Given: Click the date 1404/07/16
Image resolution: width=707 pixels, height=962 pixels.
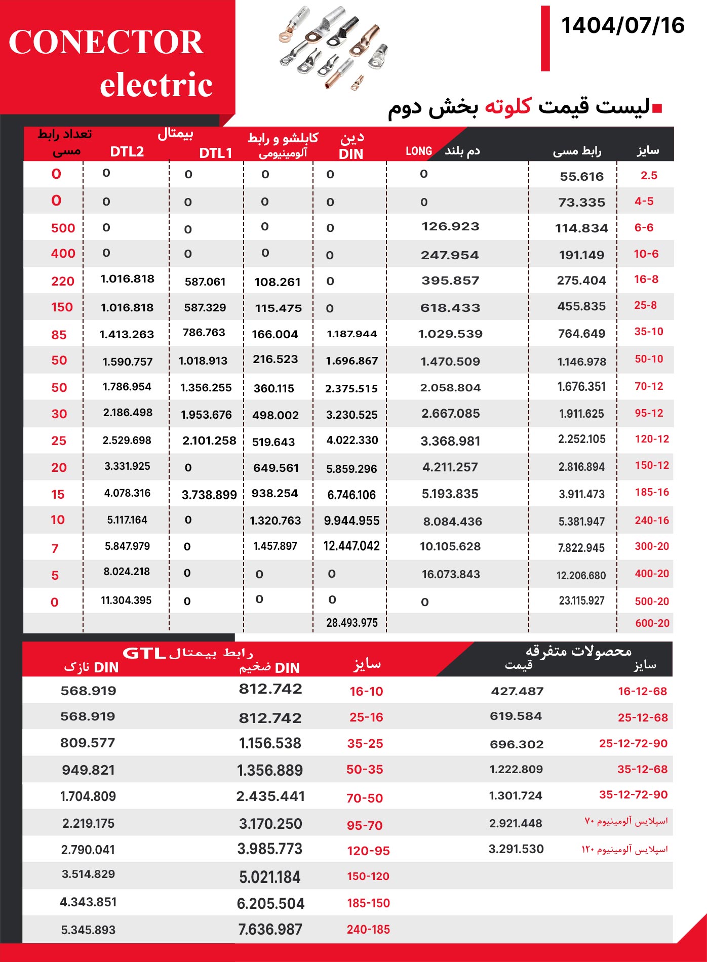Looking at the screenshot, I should pyautogui.click(x=622, y=26).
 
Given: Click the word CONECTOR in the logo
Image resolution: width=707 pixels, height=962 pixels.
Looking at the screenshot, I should pyautogui.click(x=106, y=42).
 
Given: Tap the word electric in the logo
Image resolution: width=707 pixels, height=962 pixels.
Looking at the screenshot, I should pyautogui.click(x=156, y=85).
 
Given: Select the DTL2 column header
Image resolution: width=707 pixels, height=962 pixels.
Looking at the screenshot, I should pyautogui.click(x=127, y=152).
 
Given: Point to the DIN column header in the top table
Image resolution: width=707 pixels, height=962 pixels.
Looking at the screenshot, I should pyautogui.click(x=351, y=154).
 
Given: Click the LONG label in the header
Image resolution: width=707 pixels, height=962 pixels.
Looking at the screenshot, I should pyautogui.click(x=419, y=151).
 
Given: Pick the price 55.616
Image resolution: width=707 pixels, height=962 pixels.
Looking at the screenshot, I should pyautogui.click(x=581, y=177).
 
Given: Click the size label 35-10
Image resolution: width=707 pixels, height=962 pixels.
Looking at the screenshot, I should pyautogui.click(x=649, y=332).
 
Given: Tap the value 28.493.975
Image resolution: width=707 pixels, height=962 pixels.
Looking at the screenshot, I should pyautogui.click(x=351, y=623).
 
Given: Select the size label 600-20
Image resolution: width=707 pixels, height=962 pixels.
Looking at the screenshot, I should pyautogui.click(x=652, y=623).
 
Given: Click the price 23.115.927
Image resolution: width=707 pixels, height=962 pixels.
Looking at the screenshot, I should pyautogui.click(x=581, y=601).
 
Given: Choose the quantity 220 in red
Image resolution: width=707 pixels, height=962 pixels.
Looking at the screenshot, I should pyautogui.click(x=63, y=282).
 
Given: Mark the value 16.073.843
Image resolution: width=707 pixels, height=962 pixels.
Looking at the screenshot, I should pyautogui.click(x=451, y=574).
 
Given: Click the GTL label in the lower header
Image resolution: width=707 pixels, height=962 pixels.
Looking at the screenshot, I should pyautogui.click(x=144, y=653).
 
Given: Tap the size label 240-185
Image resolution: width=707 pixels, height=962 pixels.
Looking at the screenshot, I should pyautogui.click(x=368, y=930).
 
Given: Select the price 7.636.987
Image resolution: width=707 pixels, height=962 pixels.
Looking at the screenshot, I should pyautogui.click(x=270, y=930).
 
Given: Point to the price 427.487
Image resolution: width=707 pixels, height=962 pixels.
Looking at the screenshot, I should pyautogui.click(x=517, y=691).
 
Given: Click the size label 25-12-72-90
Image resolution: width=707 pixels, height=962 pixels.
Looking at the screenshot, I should pyautogui.click(x=633, y=743).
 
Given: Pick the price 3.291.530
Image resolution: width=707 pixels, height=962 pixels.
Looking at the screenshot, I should pyautogui.click(x=516, y=849).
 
